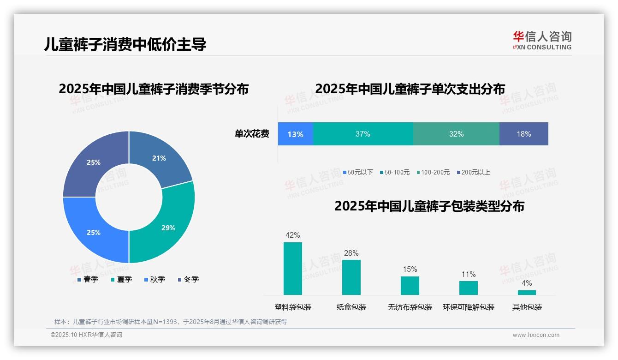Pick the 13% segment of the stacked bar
tap(295, 134)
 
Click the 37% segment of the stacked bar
tap(363, 134)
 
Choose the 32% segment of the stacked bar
tap(456, 134)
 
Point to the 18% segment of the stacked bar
tap(523, 134)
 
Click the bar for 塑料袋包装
tap(293, 269)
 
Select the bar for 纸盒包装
tap(351, 277)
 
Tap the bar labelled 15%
tap(410, 286)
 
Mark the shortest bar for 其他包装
tap(527, 293)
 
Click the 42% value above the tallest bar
tap(293, 235)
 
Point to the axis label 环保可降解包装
tap(469, 307)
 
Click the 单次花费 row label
tap(252, 134)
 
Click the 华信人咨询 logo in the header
tap(542, 40)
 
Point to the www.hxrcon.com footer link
tap(536, 335)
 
